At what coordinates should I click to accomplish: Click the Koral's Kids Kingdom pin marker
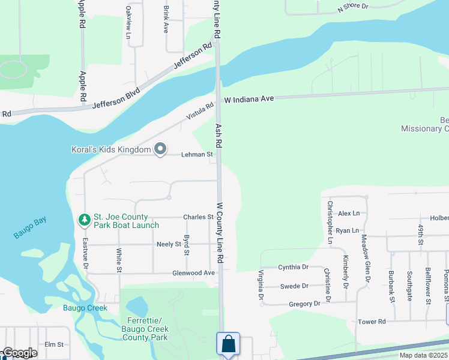160,149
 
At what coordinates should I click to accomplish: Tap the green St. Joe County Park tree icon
85,220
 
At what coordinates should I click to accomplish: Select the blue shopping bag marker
228,345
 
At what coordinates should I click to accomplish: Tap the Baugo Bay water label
29,229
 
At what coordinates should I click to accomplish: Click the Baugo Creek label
85,308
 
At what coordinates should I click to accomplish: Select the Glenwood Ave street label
193,273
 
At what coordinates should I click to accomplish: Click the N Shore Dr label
352,7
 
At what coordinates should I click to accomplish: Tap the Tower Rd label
372,322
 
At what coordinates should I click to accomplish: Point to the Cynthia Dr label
293,267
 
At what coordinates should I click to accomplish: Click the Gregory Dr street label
304,304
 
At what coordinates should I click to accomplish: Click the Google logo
19,353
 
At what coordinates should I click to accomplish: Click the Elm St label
54,344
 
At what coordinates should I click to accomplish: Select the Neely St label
169,245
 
